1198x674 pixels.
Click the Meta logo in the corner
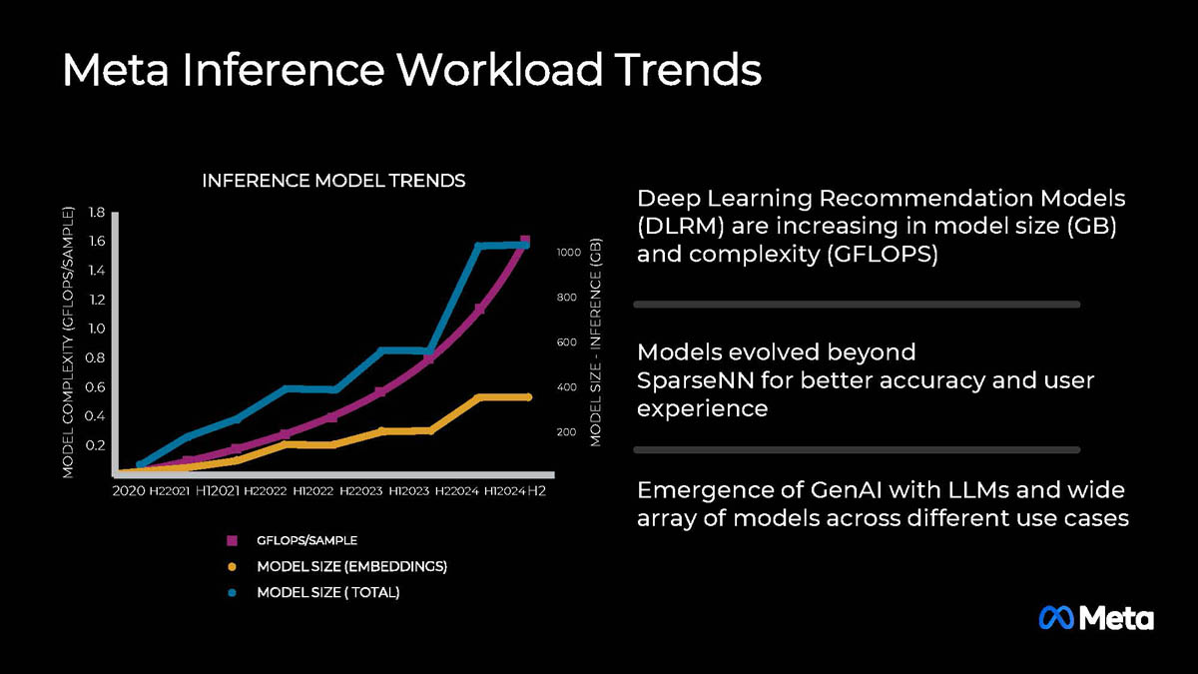[1096, 618]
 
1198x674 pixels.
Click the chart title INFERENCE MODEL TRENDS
[333, 181]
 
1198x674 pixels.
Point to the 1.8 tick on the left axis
[97, 212]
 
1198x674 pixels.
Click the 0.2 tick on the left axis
[97, 444]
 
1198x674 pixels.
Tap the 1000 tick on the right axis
[567, 253]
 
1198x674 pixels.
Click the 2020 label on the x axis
[129, 491]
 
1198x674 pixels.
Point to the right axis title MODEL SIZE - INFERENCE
[597, 341]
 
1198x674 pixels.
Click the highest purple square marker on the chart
[525, 243]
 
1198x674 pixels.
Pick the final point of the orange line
[528, 396]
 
